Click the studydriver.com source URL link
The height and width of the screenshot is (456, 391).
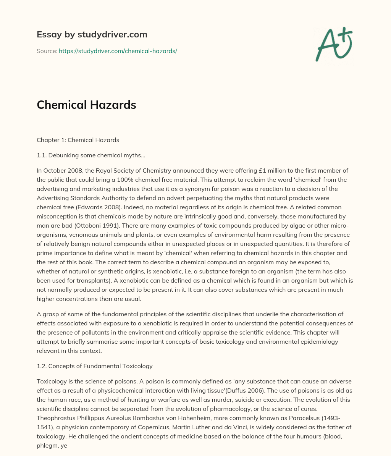tap(118, 51)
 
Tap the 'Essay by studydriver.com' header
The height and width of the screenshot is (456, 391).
tap(92, 34)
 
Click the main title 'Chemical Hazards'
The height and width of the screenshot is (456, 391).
tap(86, 105)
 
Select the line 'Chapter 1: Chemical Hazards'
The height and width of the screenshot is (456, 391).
tap(78, 140)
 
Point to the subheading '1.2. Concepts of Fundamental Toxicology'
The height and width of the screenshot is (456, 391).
tap(94, 366)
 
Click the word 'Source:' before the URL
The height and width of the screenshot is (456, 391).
tap(47, 51)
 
